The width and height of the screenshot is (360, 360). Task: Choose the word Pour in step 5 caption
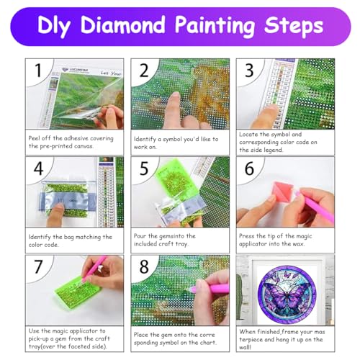click(x=142, y=235)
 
